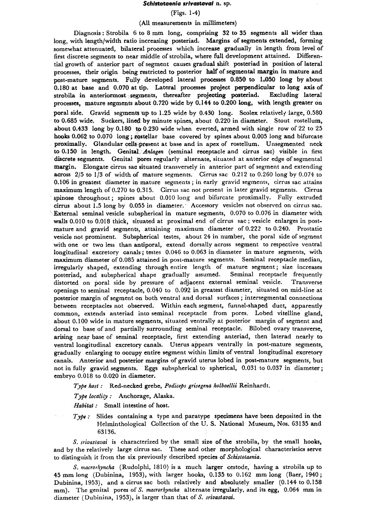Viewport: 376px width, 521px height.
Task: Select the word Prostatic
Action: pyautogui.click(x=309, y=228)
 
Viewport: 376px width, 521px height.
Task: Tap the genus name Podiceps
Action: pyautogui.click(x=175, y=386)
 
